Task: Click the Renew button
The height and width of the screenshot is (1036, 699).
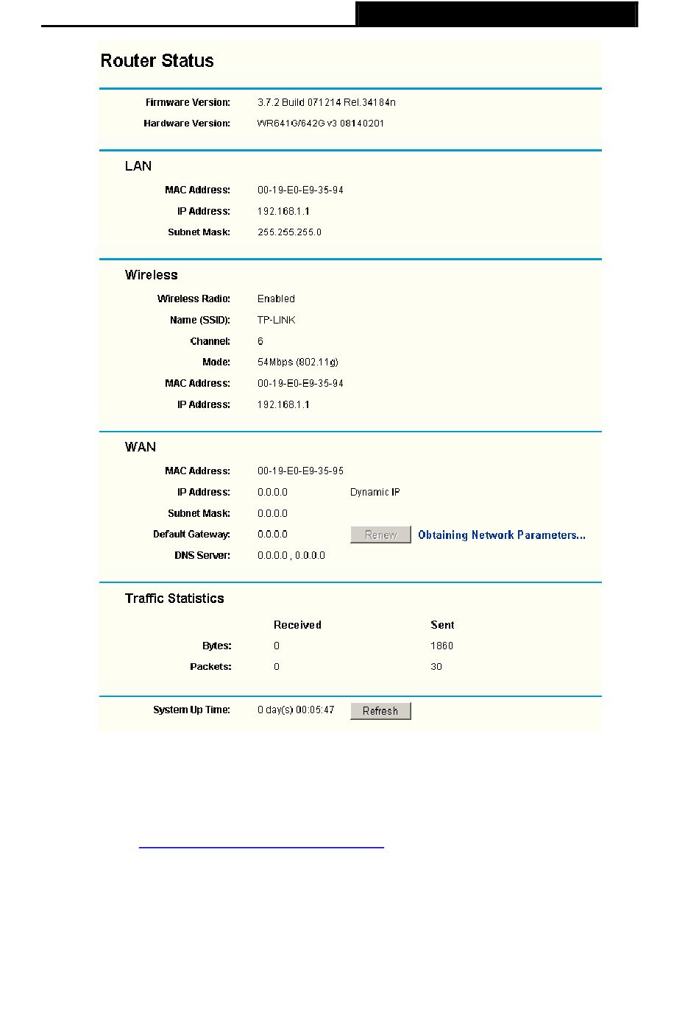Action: pos(380,535)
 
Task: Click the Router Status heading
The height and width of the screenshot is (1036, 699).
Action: pos(157,61)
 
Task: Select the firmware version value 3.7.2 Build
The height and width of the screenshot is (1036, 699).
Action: pos(326,103)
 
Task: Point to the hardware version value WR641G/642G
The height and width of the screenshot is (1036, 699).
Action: pos(320,124)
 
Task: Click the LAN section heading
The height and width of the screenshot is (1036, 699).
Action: pos(138,166)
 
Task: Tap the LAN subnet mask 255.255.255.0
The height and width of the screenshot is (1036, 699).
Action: pos(289,232)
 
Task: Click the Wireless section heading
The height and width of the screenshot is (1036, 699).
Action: pos(151,275)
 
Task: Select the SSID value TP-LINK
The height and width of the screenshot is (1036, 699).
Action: pos(276,321)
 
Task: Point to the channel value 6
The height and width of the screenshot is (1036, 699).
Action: pos(260,342)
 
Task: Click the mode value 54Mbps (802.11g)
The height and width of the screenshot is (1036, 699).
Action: pos(297,362)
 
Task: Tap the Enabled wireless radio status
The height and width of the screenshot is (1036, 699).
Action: pos(276,299)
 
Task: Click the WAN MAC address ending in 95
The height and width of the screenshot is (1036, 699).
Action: pos(300,471)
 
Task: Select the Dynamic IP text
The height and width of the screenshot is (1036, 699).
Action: pos(375,493)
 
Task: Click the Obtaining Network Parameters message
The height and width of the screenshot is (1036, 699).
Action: pos(501,535)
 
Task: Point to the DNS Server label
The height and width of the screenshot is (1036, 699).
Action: pos(202,556)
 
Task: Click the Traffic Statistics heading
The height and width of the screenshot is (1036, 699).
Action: pos(174,599)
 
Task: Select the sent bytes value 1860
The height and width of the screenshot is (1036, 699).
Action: pos(441,646)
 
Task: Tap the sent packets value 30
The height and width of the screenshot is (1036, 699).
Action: pos(436,667)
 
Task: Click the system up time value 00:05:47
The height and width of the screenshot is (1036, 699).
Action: pos(296,710)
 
